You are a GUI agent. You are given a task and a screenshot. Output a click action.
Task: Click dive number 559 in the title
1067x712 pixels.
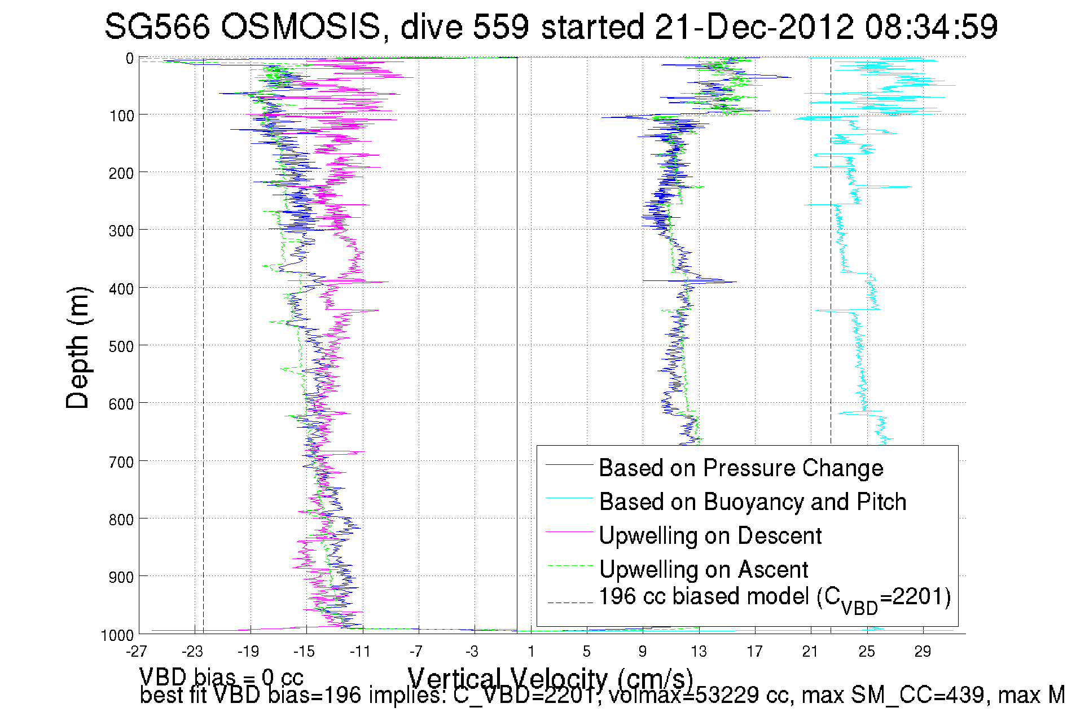[500, 27]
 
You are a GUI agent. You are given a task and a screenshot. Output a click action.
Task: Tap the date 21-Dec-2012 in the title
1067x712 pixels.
[754, 27]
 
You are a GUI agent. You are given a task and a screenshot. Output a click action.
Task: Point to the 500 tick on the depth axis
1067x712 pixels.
[121, 346]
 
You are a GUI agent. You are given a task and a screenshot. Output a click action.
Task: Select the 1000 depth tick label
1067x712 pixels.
[117, 635]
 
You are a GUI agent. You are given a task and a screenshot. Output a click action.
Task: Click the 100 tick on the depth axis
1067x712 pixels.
[121, 116]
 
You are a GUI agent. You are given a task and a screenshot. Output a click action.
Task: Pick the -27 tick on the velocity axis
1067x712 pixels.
[137, 652]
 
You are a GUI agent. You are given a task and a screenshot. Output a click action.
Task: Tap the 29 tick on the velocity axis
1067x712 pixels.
[923, 652]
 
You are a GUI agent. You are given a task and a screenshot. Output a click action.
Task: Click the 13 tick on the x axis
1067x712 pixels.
[699, 652]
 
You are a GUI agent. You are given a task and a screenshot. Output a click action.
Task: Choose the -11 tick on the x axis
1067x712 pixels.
[360, 652]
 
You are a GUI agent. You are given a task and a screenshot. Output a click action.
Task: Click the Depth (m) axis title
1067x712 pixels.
[78, 348]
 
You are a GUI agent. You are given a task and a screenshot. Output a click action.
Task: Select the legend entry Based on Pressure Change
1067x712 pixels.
[741, 468]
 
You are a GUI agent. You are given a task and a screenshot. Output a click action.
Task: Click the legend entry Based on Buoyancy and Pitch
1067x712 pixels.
[752, 502]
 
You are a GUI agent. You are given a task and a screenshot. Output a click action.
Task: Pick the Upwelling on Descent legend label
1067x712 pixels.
[710, 535]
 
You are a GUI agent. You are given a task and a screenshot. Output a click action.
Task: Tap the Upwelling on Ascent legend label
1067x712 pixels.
[703, 569]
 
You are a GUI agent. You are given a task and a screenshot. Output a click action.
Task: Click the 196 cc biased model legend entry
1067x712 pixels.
[774, 598]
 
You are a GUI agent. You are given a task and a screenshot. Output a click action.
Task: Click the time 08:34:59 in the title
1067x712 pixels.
[931, 27]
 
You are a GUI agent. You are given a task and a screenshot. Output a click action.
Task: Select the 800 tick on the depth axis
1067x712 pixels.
[121, 520]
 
